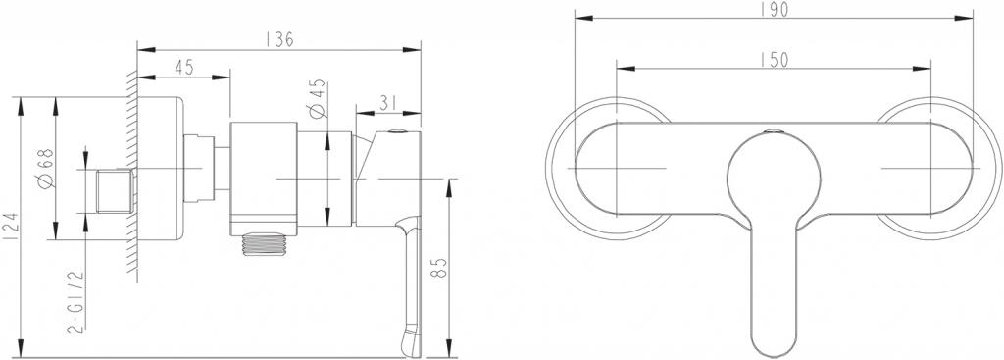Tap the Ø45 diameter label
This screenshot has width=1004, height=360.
click(317, 97)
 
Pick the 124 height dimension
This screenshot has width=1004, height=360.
click(10, 228)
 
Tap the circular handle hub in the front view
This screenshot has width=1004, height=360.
click(772, 175)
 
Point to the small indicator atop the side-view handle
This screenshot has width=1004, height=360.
click(397, 132)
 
